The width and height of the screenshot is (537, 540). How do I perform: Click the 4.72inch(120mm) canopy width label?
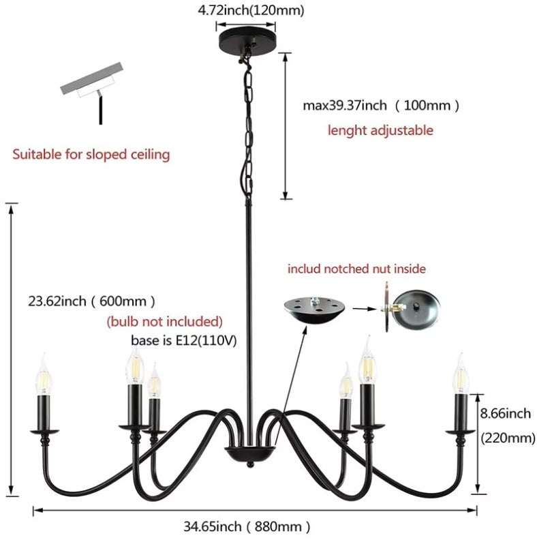(x=251, y=10)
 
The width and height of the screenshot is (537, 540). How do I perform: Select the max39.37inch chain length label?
(x=381, y=105)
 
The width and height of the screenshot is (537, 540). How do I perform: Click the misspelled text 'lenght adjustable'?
(x=380, y=130)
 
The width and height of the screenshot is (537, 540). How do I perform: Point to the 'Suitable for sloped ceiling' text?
(x=91, y=154)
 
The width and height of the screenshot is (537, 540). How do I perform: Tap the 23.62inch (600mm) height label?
(x=91, y=301)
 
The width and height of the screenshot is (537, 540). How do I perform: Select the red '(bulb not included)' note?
(x=164, y=321)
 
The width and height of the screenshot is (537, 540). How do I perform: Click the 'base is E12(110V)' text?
(x=184, y=341)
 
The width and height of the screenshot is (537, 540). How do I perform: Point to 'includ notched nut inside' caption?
(x=356, y=269)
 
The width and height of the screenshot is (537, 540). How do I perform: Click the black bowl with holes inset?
(x=314, y=310)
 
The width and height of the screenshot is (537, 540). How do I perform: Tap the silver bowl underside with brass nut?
(x=411, y=307)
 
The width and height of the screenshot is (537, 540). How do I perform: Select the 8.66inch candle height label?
(x=506, y=413)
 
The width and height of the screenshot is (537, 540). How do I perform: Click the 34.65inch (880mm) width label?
(x=247, y=526)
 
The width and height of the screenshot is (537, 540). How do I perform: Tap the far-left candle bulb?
(x=44, y=375)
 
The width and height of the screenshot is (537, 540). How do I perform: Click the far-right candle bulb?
(x=461, y=374)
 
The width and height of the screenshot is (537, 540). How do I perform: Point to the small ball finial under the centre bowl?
(x=250, y=464)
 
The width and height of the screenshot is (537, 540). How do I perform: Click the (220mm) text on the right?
(x=508, y=438)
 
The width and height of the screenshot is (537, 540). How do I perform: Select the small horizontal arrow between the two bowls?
(x=365, y=309)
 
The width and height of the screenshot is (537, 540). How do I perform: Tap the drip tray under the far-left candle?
(x=44, y=431)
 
